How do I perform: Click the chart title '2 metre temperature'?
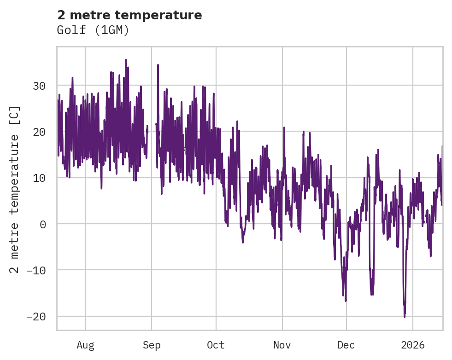tap(129, 15)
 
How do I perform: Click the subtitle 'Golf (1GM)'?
tap(93, 30)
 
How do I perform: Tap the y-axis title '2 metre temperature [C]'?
tap(15, 189)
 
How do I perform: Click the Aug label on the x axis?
tap(85, 345)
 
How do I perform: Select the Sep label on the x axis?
tap(151, 345)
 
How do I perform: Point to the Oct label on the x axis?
tap(216, 345)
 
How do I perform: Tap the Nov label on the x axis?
tap(282, 345)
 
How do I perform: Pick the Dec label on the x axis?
tap(346, 345)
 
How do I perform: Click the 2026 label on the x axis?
tap(413, 345)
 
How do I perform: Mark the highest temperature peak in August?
tap(125, 59)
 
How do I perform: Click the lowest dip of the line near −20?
tap(405, 317)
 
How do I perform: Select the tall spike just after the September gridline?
tap(158, 65)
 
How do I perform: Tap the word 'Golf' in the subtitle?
tap(69, 30)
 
